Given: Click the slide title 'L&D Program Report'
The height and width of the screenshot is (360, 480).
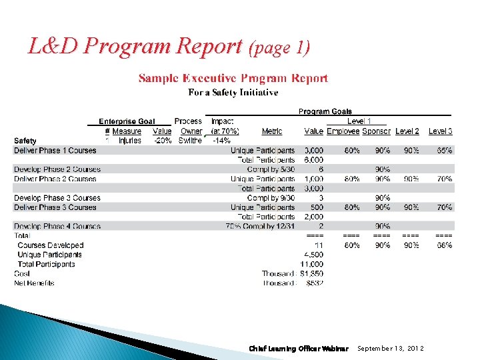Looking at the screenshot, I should [135, 46].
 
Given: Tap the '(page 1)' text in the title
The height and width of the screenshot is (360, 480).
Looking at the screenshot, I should [279, 48].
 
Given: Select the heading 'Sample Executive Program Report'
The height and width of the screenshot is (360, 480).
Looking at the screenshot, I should [233, 79].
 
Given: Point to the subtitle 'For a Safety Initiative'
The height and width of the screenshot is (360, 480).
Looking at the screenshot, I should [233, 93].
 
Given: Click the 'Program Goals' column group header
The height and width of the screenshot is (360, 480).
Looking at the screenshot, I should [325, 111].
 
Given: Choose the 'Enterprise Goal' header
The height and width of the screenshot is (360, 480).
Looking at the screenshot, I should [127, 121].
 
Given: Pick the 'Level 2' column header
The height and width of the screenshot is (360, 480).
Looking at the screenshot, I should [407, 131].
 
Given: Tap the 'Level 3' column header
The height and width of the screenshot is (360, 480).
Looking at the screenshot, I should [440, 131].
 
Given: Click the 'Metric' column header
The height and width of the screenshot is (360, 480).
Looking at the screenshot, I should [271, 131].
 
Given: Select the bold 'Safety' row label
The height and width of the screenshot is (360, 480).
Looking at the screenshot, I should [25, 141].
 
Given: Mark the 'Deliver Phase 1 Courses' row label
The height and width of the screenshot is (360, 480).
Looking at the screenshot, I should [55, 151].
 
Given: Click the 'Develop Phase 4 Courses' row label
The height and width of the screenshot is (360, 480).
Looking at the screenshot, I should [57, 227].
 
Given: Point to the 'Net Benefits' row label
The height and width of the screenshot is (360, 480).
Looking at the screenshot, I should [34, 283].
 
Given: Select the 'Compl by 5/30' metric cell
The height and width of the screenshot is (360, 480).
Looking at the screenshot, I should [271, 169].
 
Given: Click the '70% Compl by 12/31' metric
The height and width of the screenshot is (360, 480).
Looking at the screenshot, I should [261, 227].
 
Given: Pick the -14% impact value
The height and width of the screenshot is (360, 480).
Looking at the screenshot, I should [221, 141].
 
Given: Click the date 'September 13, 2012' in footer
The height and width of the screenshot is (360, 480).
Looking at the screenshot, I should [390, 349].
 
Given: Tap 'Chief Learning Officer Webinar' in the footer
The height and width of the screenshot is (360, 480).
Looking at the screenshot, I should [298, 349].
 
